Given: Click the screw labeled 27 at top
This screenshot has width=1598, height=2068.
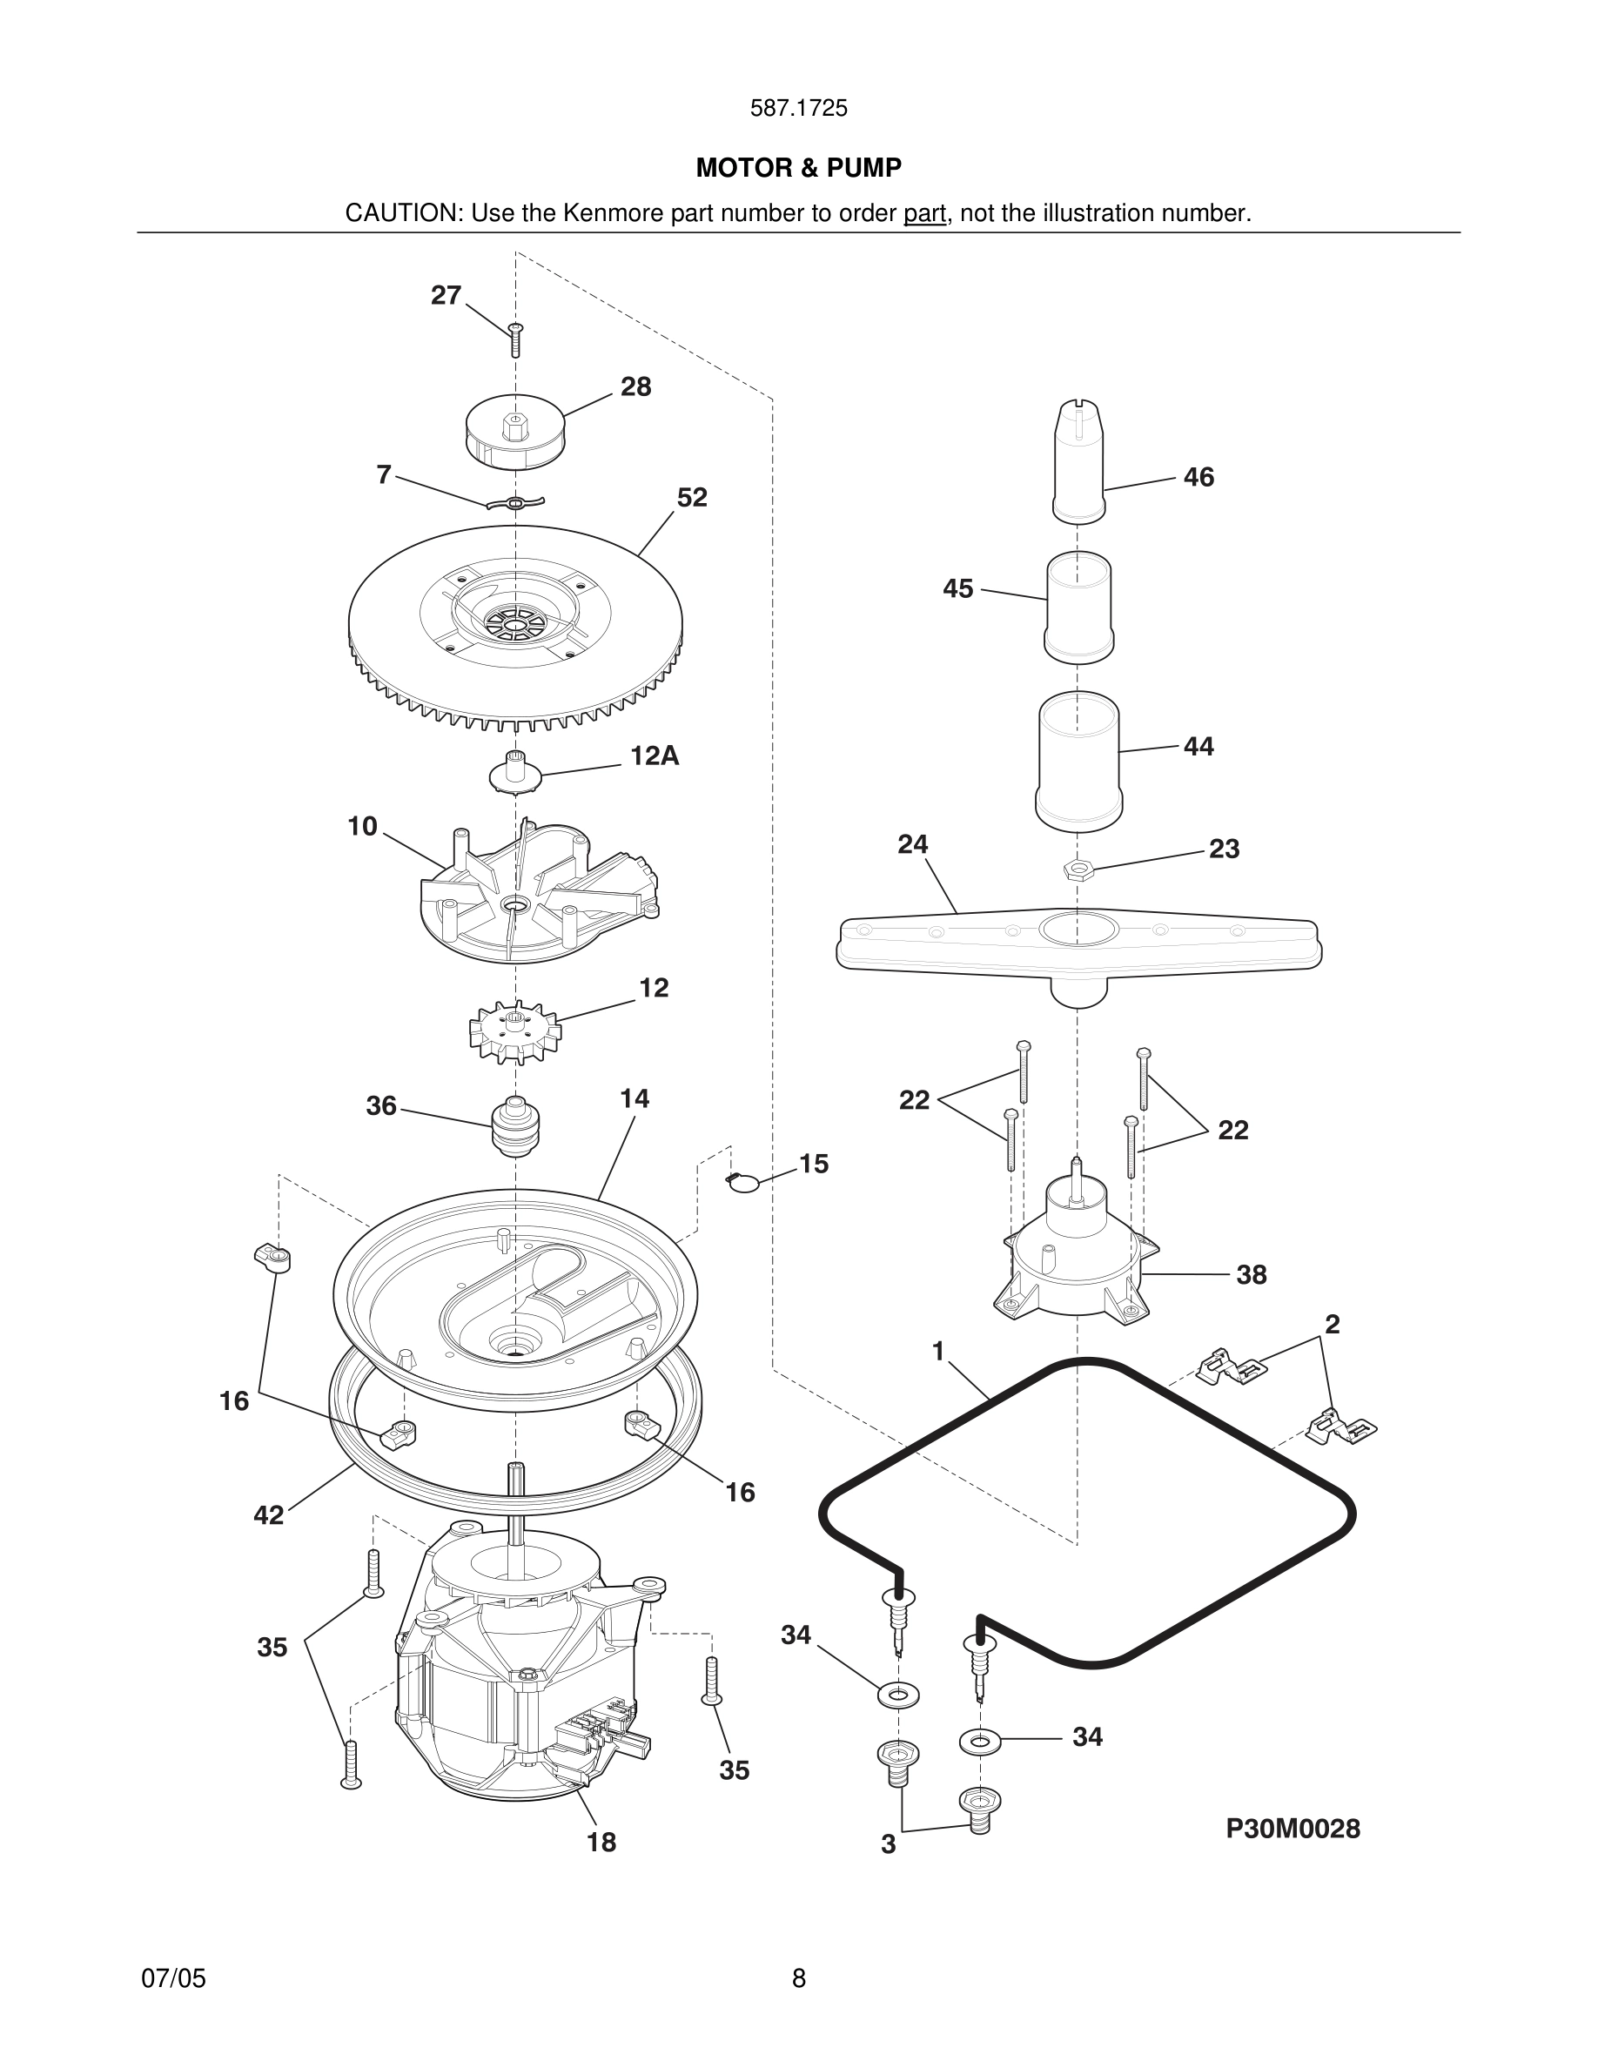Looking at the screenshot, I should [516, 339].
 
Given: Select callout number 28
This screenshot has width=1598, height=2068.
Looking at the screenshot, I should [635, 386].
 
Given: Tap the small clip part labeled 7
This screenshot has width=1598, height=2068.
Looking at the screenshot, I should [515, 503].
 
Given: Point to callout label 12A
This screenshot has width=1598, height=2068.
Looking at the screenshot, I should [655, 755].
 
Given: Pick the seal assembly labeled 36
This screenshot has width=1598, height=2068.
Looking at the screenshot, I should [515, 1127].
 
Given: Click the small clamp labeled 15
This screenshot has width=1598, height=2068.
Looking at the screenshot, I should [745, 1182].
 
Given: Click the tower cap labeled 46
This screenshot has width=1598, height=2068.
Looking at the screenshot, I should [1078, 461].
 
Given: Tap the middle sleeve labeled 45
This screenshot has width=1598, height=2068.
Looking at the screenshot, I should [1078, 606].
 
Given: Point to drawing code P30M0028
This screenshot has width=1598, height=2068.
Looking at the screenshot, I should [1292, 1829].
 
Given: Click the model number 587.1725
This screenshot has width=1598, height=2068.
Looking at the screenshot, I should [798, 108].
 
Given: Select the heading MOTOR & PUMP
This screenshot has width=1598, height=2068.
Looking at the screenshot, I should [798, 168].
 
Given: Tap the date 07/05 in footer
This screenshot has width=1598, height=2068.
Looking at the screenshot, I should [173, 1978].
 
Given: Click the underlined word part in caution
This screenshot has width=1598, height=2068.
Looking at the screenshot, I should [924, 213].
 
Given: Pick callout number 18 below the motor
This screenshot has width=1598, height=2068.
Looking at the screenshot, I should [601, 1842].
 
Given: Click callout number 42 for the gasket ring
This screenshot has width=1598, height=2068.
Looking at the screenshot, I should [269, 1515].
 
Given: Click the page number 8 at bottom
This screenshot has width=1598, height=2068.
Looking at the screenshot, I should [798, 1978].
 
